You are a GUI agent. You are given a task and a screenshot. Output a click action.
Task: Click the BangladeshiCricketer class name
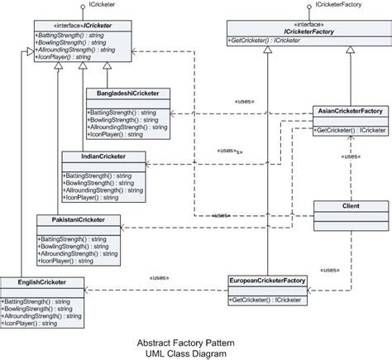[127, 93]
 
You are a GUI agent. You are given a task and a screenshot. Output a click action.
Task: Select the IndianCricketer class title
[103, 156]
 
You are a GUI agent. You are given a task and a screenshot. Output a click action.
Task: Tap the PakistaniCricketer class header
[79, 220]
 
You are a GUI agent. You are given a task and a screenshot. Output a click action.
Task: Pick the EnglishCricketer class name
[41, 283]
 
